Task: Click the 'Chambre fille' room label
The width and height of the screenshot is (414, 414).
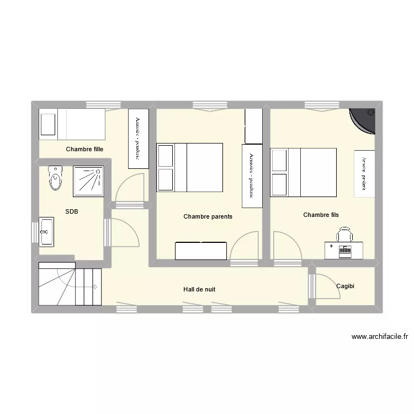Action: (x=84, y=149)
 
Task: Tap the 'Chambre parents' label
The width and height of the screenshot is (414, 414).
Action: (x=208, y=216)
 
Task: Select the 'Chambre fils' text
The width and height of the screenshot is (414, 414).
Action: (x=321, y=214)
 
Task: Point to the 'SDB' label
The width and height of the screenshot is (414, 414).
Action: (x=71, y=211)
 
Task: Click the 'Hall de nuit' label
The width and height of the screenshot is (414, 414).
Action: (x=199, y=289)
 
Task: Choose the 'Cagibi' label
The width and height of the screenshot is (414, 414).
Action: (x=345, y=286)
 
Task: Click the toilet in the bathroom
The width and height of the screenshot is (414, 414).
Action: (x=55, y=177)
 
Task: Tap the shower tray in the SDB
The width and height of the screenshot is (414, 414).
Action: (x=88, y=181)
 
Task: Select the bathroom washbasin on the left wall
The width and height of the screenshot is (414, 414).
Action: (x=46, y=231)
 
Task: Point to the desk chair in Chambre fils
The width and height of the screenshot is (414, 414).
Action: (x=344, y=234)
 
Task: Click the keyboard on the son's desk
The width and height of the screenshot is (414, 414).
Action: (x=346, y=250)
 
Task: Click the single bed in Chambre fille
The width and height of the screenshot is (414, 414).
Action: (x=72, y=124)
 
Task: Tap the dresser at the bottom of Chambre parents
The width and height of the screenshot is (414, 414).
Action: (x=201, y=251)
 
